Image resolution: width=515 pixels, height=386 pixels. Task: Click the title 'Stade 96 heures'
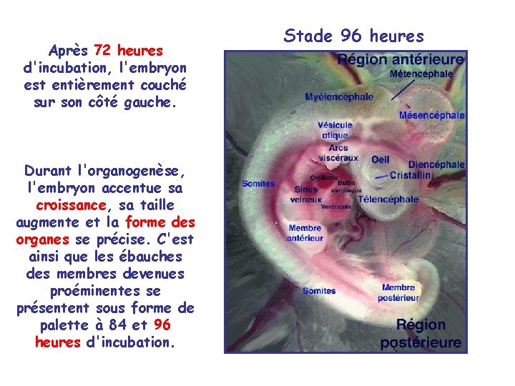point(354,35)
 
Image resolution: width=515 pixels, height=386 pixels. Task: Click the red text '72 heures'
point(129,51)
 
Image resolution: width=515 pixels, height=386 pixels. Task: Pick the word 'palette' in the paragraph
point(59,325)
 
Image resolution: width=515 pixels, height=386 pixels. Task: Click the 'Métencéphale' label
point(421,74)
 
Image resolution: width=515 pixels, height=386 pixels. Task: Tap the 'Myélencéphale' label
point(339,97)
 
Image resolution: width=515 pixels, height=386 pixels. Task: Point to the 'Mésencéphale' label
point(431,115)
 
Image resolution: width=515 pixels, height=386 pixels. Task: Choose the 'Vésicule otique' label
point(335,130)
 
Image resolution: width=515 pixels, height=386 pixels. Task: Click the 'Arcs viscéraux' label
point(338,152)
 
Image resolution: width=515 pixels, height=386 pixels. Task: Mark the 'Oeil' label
point(380,159)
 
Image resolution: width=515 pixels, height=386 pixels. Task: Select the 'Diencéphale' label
point(436,164)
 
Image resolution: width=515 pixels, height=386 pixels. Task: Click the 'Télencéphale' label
point(388,199)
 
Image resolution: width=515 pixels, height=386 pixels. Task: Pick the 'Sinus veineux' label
point(305,194)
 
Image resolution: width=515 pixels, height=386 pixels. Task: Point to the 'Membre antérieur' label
point(305,233)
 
